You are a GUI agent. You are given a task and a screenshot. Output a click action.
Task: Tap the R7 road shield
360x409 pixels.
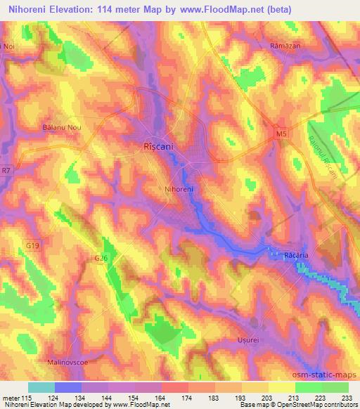point(6,169)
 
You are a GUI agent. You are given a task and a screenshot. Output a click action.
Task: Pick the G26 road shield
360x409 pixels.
point(101,258)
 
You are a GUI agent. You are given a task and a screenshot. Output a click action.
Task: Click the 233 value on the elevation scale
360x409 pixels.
point(347,396)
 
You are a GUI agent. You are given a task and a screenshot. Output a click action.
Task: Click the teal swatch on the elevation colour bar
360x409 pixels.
point(41,387)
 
